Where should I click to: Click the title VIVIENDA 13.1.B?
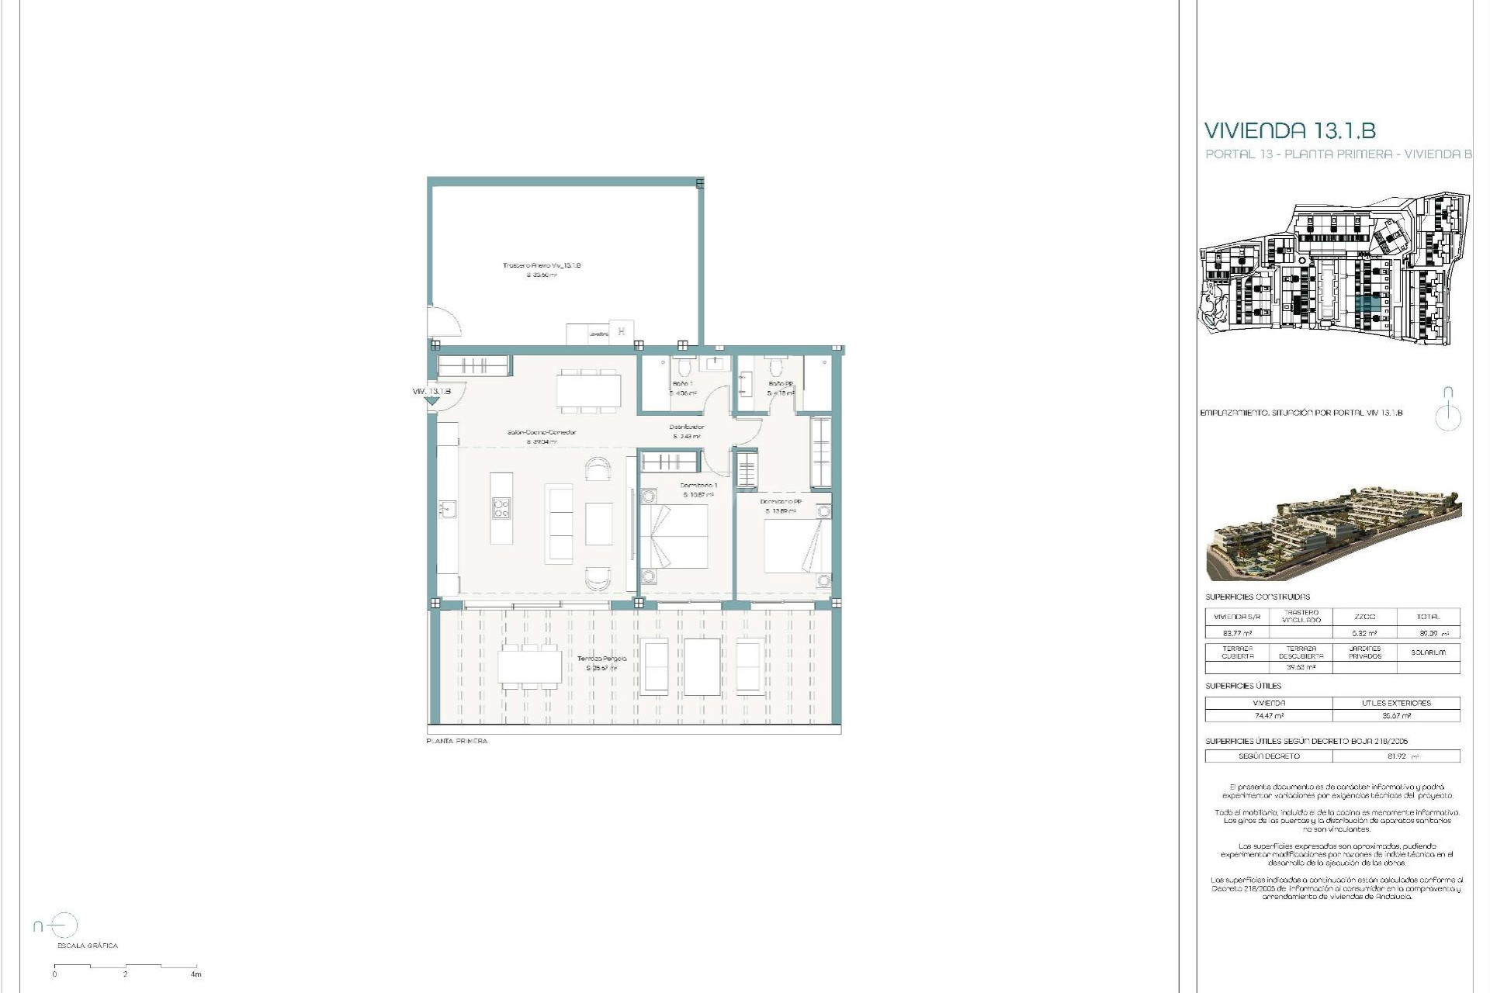pyautogui.click(x=1290, y=130)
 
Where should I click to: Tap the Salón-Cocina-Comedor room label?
pyautogui.click(x=542, y=433)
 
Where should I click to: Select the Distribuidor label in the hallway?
pyautogui.click(x=687, y=427)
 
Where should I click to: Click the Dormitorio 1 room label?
pyautogui.click(x=698, y=486)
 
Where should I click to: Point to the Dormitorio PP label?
pyautogui.click(x=781, y=502)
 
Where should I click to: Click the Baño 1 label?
pyautogui.click(x=682, y=384)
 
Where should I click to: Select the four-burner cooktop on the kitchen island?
pyautogui.click(x=501, y=508)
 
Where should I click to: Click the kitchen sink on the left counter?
pyautogui.click(x=448, y=509)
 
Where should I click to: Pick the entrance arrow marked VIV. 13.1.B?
pyautogui.click(x=431, y=400)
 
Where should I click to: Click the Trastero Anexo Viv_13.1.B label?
pyautogui.click(x=542, y=266)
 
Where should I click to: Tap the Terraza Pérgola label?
pyautogui.click(x=601, y=659)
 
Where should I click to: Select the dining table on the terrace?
pyautogui.click(x=530, y=666)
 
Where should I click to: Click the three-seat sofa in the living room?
pyautogui.click(x=559, y=523)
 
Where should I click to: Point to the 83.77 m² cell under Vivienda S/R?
pyautogui.click(x=1237, y=633)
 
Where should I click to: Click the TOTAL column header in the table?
pyautogui.click(x=1428, y=617)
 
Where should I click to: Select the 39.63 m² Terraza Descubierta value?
pyautogui.click(x=1301, y=667)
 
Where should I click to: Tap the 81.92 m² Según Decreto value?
pyautogui.click(x=1396, y=756)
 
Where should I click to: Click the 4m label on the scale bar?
pyautogui.click(x=196, y=974)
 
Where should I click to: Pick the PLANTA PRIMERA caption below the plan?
pyautogui.click(x=457, y=742)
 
